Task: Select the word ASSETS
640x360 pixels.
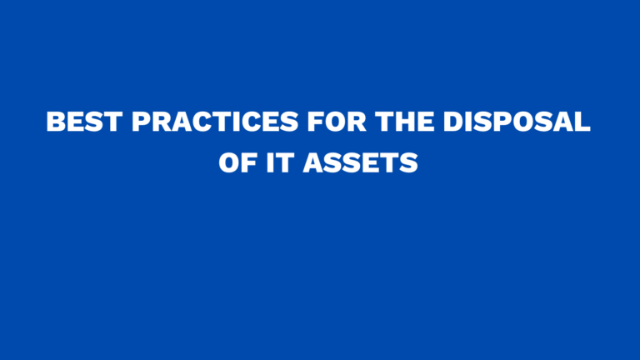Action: point(360,162)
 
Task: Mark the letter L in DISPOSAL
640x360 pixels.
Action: point(582,122)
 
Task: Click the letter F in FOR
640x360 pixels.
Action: point(312,122)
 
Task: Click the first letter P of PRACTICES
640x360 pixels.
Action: point(142,122)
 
